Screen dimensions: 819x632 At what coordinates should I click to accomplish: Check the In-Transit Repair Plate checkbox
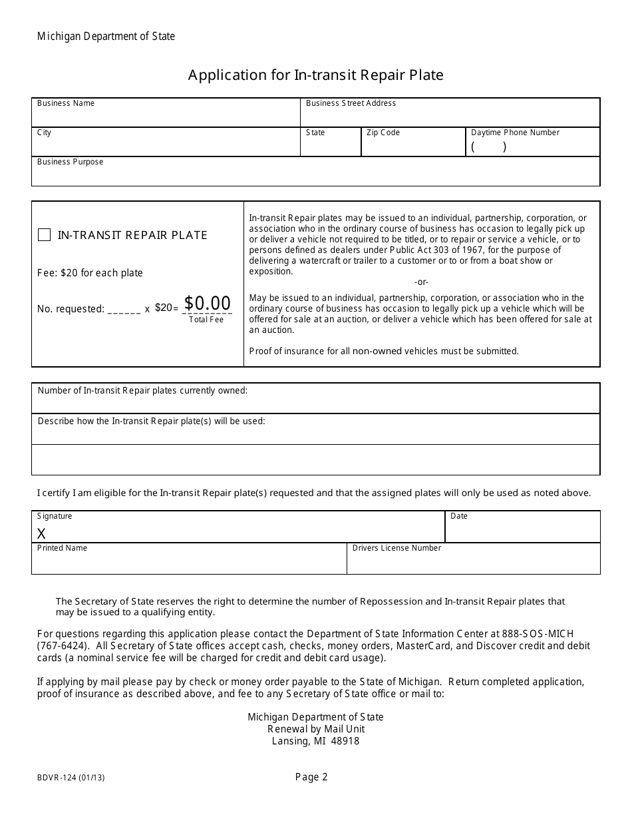(x=44, y=235)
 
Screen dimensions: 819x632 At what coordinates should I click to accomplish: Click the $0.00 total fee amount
(x=208, y=304)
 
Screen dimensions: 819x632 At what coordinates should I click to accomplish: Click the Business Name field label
(x=66, y=103)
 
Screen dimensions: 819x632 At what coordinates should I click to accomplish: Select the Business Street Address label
(x=351, y=103)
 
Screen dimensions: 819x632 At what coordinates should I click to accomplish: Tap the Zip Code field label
(x=383, y=133)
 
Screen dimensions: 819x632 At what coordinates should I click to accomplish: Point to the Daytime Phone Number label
(x=516, y=133)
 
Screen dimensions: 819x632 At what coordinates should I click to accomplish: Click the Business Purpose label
(x=71, y=162)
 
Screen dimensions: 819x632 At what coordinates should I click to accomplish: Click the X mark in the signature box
(x=41, y=533)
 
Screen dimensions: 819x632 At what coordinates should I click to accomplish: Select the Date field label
(x=459, y=516)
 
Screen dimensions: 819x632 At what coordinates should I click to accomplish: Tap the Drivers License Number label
(x=396, y=548)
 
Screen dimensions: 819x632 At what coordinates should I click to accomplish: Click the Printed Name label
(x=62, y=548)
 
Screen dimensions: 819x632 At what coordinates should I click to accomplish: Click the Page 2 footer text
(x=312, y=776)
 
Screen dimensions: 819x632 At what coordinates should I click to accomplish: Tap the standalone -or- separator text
(x=421, y=282)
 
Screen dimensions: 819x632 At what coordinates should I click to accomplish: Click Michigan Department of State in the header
(x=106, y=37)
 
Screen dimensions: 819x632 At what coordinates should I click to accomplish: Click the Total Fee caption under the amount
(x=206, y=320)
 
